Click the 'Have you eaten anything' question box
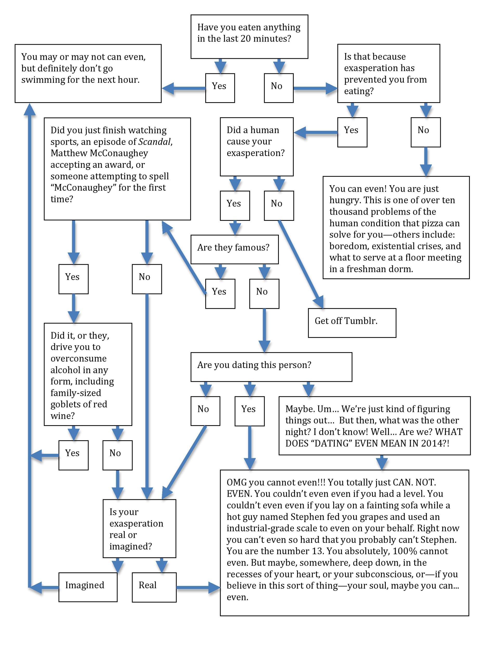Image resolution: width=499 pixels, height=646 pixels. [249, 37]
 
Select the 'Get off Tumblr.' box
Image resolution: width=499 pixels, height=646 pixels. [352, 323]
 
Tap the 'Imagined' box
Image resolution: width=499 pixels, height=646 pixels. [88, 587]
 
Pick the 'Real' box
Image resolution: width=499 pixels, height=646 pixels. [154, 587]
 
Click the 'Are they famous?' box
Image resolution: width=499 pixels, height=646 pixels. [234, 249]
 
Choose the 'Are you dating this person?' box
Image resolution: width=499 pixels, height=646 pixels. [271, 367]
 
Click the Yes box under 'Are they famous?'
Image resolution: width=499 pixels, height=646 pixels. [220, 293]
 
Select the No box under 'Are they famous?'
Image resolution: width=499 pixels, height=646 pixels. [264, 293]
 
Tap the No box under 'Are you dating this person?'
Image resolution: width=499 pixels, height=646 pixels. [206, 411]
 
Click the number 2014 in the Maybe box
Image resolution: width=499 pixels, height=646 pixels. [431, 443]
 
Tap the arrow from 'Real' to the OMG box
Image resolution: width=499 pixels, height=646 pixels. [198, 587]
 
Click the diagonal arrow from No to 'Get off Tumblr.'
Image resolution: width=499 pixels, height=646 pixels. [301, 264]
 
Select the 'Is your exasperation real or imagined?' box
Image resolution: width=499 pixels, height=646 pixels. [139, 528]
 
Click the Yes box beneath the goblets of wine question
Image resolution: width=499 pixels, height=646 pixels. [73, 455]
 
